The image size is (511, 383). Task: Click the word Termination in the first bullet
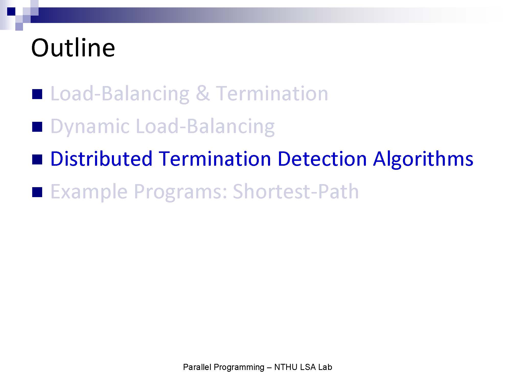272,93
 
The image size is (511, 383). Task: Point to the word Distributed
101,159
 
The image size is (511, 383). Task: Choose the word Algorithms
423,159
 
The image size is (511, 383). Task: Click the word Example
89,192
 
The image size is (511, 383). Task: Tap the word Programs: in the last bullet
180,192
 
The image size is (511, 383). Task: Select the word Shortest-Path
296,191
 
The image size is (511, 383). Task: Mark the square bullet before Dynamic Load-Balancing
37,127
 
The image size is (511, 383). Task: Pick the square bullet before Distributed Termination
37,159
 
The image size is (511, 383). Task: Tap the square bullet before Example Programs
37,192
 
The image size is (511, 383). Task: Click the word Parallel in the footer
197,367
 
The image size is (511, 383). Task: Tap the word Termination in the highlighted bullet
215,159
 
